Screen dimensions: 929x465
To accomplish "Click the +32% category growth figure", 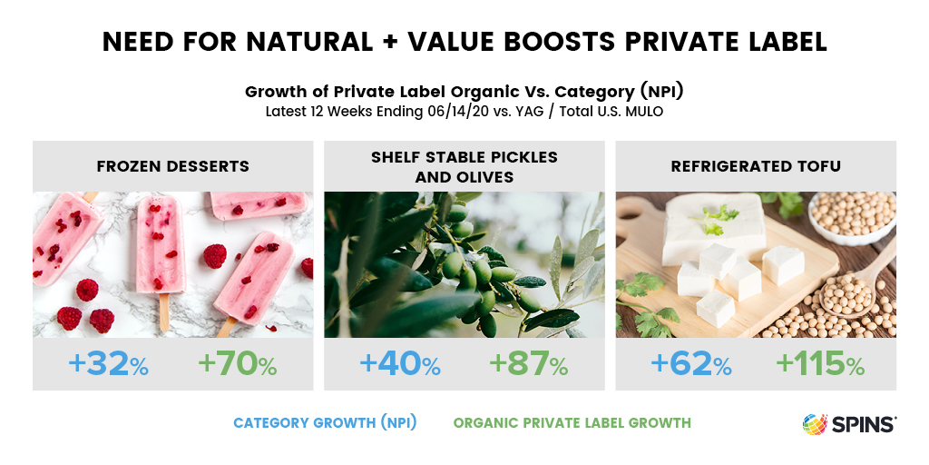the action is click(109, 363).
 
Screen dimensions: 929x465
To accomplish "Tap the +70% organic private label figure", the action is click(237, 363).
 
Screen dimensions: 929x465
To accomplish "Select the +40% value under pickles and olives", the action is click(400, 363).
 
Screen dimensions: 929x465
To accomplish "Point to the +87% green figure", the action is click(529, 363).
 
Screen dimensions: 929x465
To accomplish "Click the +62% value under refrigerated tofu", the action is click(690, 363).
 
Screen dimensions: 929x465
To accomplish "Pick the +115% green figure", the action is click(820, 363).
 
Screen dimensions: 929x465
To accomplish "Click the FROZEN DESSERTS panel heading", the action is click(173, 166).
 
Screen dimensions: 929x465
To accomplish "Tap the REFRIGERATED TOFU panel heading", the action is click(756, 166).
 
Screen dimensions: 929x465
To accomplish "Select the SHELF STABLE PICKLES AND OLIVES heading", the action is click(464, 167).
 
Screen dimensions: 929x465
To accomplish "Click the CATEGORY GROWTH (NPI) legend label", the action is click(325, 423).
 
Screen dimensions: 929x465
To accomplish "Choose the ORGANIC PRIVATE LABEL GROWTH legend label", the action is click(572, 423).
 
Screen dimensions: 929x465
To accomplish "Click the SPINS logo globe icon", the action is click(816, 424).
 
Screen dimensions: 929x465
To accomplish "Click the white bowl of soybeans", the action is click(853, 217).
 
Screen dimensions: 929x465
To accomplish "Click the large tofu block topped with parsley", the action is click(714, 228).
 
